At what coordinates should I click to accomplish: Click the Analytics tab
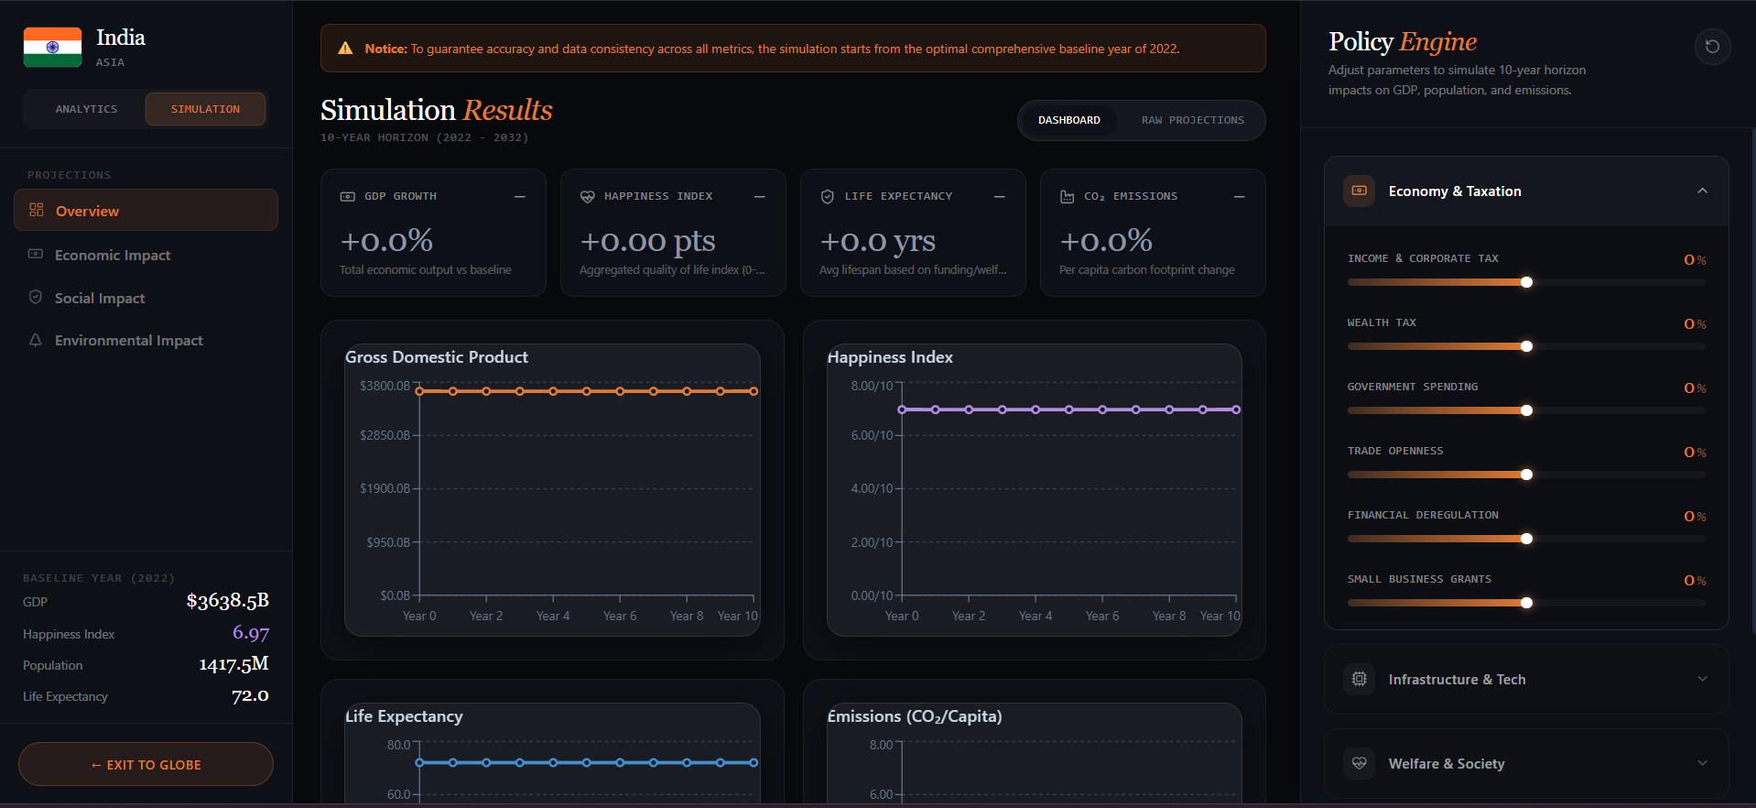[x=86, y=109]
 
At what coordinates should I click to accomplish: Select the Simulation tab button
[x=205, y=109]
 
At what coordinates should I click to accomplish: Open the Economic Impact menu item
[x=113, y=255]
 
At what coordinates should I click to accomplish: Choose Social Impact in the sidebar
[x=100, y=298]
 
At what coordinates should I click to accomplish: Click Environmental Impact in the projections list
[x=129, y=340]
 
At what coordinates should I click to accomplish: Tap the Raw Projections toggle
[x=1192, y=120]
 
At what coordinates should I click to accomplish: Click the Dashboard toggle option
[x=1069, y=120]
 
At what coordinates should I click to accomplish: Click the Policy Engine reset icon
[x=1712, y=47]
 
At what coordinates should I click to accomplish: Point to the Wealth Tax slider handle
[x=1526, y=346]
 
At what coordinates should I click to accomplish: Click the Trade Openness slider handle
[x=1526, y=475]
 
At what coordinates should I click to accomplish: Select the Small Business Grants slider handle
[x=1526, y=603]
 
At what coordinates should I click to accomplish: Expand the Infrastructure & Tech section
[x=1526, y=679]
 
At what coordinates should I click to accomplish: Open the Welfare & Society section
[x=1526, y=763]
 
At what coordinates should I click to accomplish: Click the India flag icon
[x=52, y=47]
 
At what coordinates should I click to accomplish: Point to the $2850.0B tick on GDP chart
[x=385, y=435]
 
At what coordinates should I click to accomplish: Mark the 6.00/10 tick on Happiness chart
[x=872, y=435]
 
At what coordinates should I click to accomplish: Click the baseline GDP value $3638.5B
[x=228, y=601]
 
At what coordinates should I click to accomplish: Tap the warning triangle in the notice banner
[x=345, y=49]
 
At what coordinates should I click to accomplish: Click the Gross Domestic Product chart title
[x=437, y=357]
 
